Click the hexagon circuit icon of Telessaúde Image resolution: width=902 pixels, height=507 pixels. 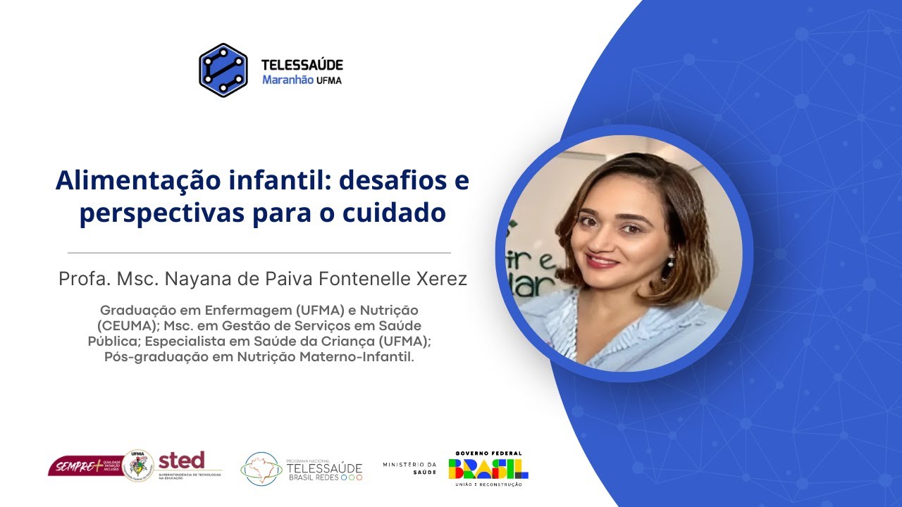click(x=223, y=70)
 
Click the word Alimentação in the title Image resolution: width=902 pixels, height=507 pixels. click(x=128, y=181)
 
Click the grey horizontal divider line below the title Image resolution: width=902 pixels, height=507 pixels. click(x=259, y=252)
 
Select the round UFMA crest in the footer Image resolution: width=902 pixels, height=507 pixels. click(x=138, y=466)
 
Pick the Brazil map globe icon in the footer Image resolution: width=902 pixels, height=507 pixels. click(x=261, y=469)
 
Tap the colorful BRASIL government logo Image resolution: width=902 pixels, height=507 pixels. click(x=488, y=468)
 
